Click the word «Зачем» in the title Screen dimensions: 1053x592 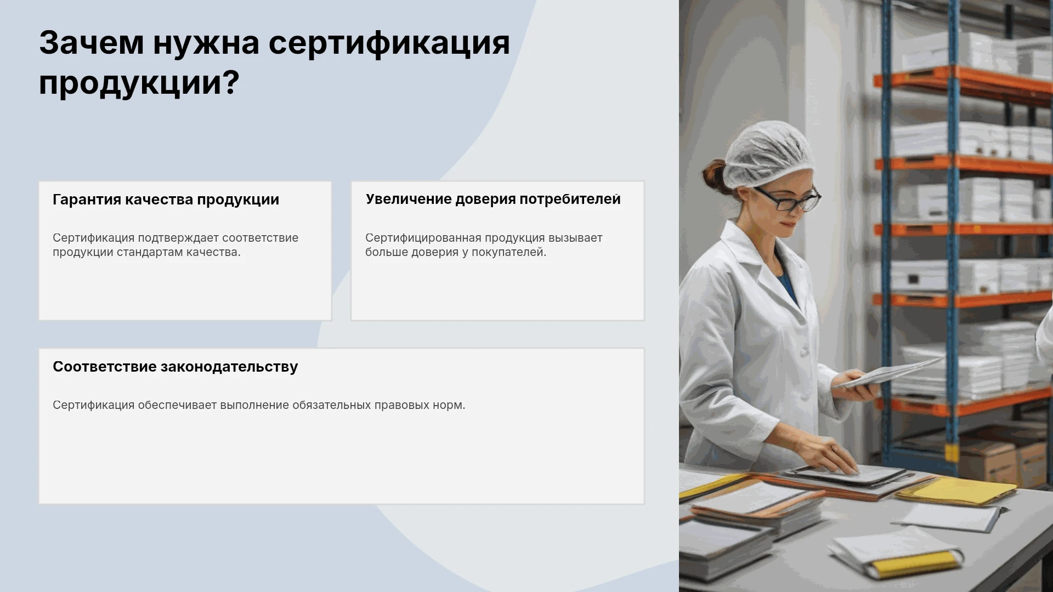pyautogui.click(x=92, y=43)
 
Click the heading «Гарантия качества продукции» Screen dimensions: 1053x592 pyautogui.click(x=166, y=200)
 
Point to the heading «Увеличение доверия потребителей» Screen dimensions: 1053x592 pyautogui.click(x=493, y=199)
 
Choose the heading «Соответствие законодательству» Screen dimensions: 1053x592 pyautogui.click(x=175, y=367)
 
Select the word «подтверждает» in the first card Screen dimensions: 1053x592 pyautogui.click(x=178, y=238)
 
